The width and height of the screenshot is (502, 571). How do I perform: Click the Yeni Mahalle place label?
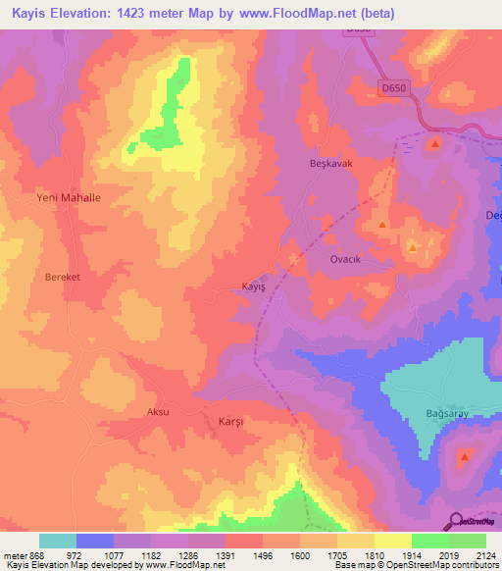tap(69, 197)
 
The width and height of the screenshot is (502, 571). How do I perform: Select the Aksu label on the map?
tap(157, 412)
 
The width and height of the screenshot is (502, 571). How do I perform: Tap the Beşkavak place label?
tap(330, 164)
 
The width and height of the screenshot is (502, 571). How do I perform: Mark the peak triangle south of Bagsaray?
tap(464, 457)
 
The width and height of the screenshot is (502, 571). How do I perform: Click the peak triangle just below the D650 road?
tap(433, 144)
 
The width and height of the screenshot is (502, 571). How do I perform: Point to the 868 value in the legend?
tap(32, 555)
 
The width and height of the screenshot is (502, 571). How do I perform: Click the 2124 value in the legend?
tap(485, 555)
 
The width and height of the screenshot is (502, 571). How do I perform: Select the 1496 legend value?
tap(263, 555)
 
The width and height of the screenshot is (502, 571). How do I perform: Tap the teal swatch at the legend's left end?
tap(58, 541)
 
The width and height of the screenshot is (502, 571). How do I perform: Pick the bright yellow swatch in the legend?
tap(392, 541)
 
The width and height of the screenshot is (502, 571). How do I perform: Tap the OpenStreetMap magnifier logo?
tap(456, 521)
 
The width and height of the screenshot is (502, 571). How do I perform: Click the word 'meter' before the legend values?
tap(13, 555)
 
